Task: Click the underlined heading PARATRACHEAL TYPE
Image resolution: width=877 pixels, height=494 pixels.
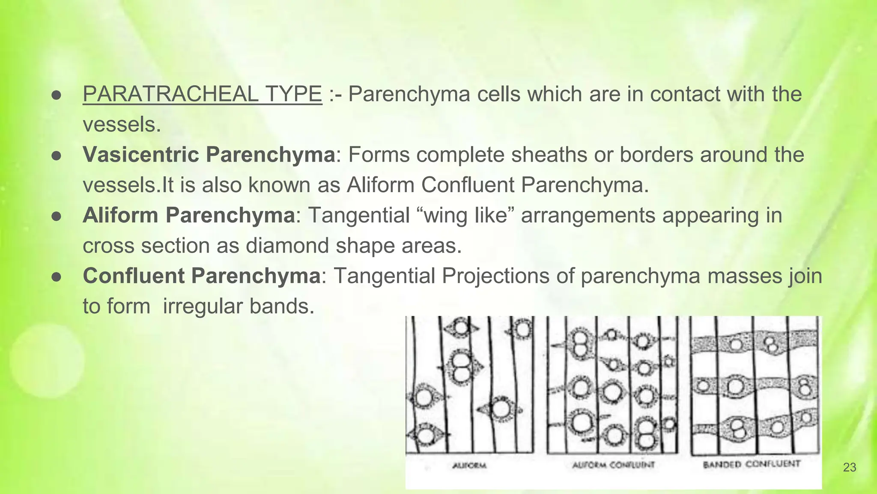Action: tap(202, 94)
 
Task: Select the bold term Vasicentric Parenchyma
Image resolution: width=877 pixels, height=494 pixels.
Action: tap(209, 155)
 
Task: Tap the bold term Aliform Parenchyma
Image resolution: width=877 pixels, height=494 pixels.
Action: tap(188, 215)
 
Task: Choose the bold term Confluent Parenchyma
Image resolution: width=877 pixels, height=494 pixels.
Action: tap(201, 276)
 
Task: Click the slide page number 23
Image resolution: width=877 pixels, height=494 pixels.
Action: tap(849, 467)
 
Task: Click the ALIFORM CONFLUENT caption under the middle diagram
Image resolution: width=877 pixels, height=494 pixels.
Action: tap(613, 465)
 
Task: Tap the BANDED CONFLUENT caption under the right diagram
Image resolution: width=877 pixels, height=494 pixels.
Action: tap(752, 464)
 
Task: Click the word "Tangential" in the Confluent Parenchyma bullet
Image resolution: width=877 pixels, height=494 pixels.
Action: tap(384, 276)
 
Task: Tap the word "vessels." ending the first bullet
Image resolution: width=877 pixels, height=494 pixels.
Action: tap(122, 125)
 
